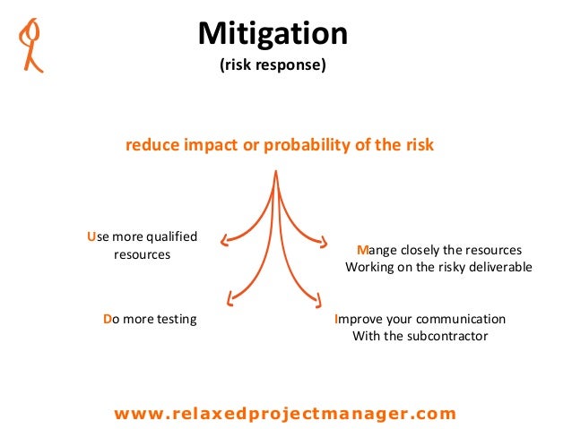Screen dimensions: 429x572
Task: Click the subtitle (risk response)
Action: [273, 65]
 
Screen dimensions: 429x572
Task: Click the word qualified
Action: [169, 236]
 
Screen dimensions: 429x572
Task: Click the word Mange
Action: [377, 250]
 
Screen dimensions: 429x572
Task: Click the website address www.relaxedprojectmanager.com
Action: [285, 413]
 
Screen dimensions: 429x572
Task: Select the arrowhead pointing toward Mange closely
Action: [325, 240]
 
